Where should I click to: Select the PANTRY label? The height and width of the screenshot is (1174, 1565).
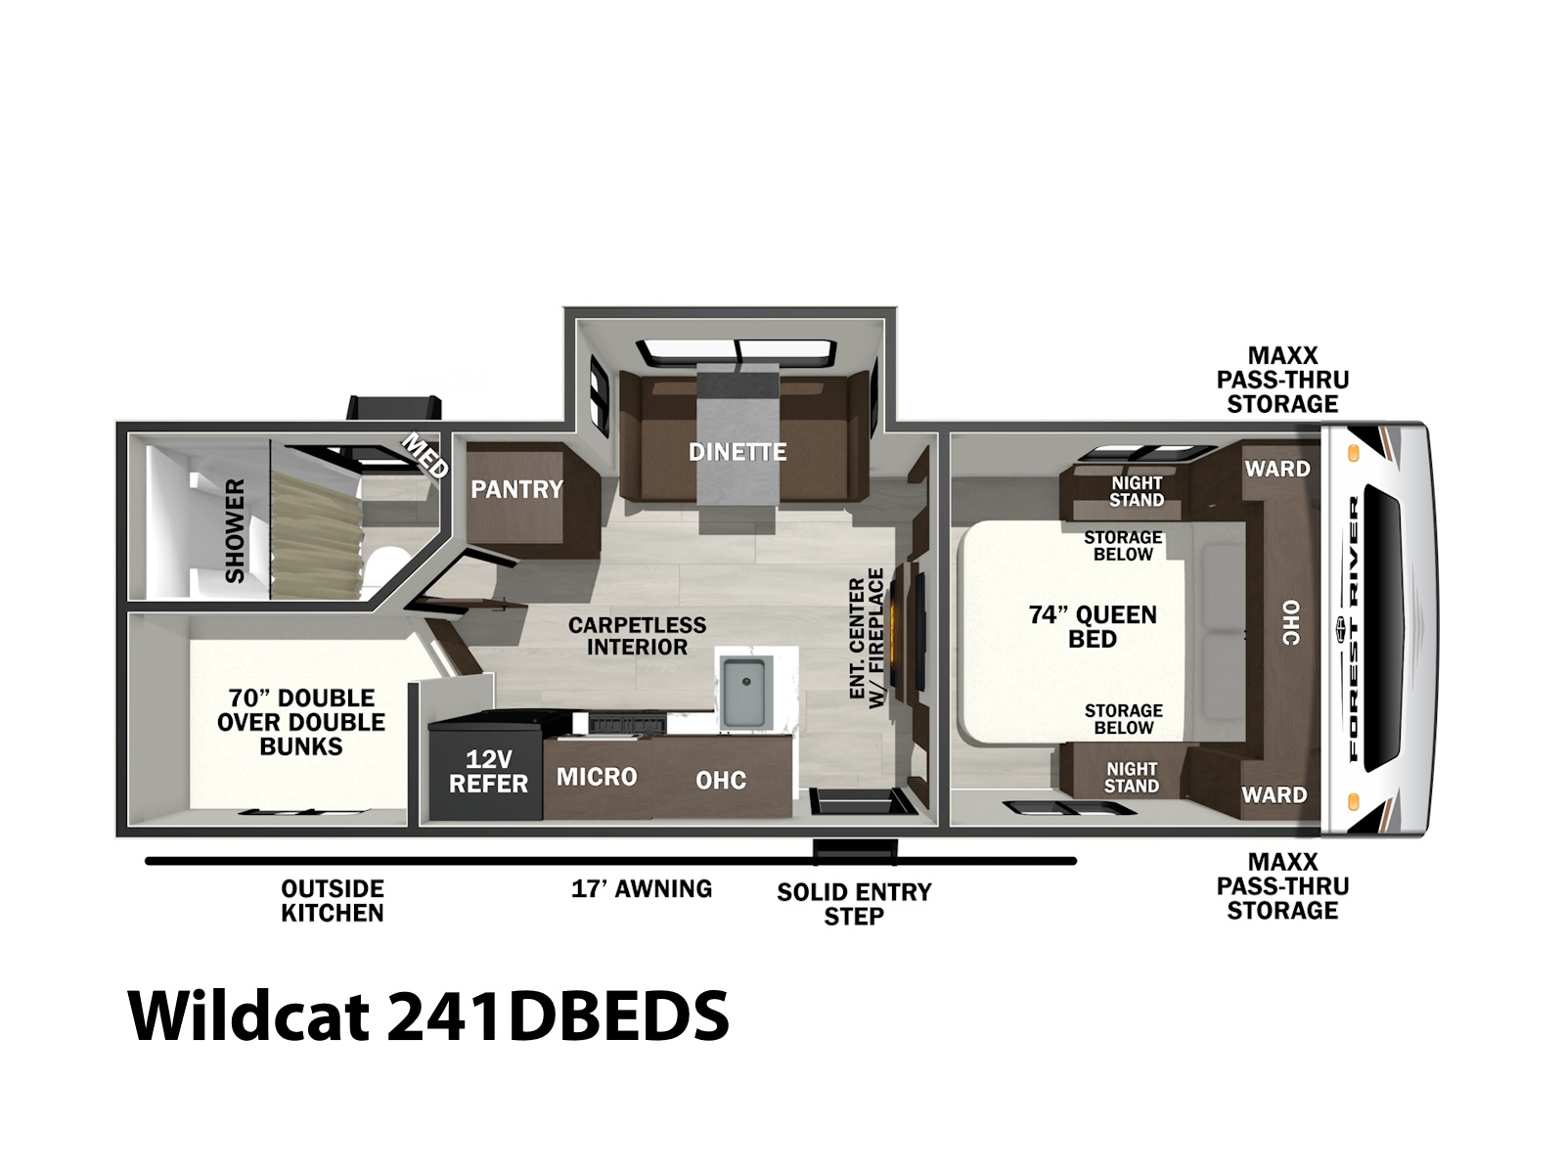pyautogui.click(x=516, y=489)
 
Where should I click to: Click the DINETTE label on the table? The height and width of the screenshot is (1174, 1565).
pyautogui.click(x=738, y=451)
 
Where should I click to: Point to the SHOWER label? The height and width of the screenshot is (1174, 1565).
pyautogui.click(x=235, y=530)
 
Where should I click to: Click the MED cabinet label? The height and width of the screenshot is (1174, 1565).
pyautogui.click(x=425, y=456)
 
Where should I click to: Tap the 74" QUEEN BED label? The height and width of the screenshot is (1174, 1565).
pyautogui.click(x=1093, y=626)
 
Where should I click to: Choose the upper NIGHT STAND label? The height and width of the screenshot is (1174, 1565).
pyautogui.click(x=1137, y=492)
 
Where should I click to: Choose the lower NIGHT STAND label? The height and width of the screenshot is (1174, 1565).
pyautogui.click(x=1132, y=777)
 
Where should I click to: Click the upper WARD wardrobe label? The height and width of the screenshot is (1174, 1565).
pyautogui.click(x=1277, y=469)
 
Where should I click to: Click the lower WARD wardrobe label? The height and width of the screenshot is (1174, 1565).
pyautogui.click(x=1274, y=794)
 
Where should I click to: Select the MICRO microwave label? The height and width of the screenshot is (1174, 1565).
pyautogui.click(x=597, y=776)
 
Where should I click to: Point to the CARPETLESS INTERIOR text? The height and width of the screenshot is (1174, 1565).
pyautogui.click(x=637, y=636)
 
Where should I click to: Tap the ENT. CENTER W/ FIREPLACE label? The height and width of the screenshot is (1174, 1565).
pyautogui.click(x=867, y=638)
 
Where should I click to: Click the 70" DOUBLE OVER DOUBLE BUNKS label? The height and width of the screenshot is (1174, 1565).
pyautogui.click(x=301, y=721)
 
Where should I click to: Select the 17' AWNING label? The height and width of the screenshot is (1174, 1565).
pyautogui.click(x=642, y=888)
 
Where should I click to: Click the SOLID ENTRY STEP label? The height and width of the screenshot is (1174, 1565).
pyautogui.click(x=854, y=903)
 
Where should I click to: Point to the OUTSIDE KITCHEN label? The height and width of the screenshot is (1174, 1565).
pyautogui.click(x=333, y=900)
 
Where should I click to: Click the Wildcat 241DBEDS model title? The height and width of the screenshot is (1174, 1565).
pyautogui.click(x=428, y=1016)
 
